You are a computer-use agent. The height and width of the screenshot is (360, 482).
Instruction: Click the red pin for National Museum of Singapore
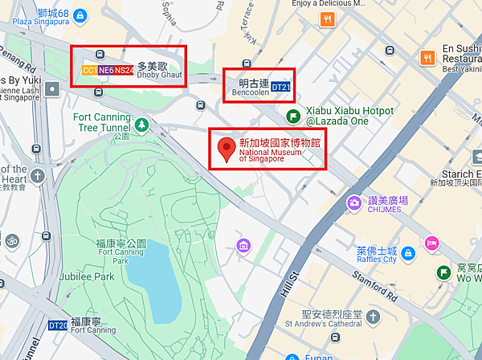click(227, 147)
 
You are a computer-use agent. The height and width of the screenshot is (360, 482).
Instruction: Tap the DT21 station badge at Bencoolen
click(280, 86)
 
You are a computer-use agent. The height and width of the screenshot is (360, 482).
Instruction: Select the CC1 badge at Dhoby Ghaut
click(89, 71)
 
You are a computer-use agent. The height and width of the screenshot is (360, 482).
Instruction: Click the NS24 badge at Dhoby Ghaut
click(123, 71)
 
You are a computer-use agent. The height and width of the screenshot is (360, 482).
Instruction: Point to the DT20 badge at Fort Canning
click(58, 325)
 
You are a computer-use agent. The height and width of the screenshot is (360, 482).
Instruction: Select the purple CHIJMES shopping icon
click(353, 202)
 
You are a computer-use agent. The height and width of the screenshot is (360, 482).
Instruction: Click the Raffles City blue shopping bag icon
click(408, 254)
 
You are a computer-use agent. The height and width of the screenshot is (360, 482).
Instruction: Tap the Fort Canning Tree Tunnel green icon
click(141, 124)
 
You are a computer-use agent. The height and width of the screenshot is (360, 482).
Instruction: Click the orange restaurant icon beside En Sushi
click(427, 58)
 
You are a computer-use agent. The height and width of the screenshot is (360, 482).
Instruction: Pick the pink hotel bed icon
click(431, 243)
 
